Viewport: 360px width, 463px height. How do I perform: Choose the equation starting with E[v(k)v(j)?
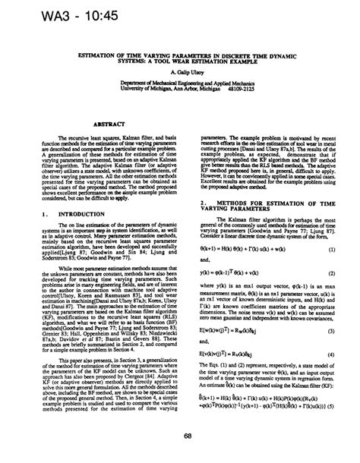pyautogui.click(x=231, y=332)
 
